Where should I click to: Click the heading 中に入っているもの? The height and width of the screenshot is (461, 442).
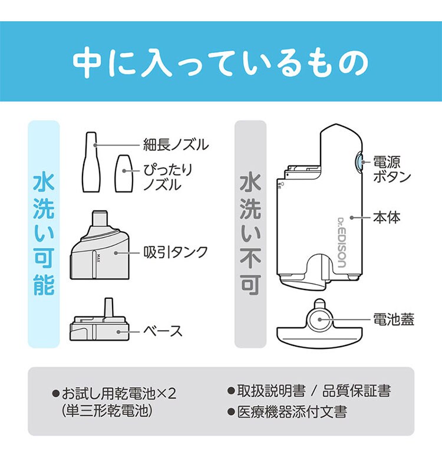[x=220, y=62]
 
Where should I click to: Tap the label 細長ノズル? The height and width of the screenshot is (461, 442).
[x=176, y=144]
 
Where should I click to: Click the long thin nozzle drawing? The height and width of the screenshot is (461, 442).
[x=91, y=162]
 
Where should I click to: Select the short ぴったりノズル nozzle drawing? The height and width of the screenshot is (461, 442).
[x=124, y=173]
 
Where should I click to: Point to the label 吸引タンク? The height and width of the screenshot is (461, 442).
[x=176, y=252]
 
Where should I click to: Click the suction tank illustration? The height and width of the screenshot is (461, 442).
[x=100, y=245]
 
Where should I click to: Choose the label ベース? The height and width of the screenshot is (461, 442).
[x=163, y=331]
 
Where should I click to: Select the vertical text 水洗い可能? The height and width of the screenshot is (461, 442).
[x=44, y=234]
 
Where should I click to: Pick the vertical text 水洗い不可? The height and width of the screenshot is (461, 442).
[x=250, y=234]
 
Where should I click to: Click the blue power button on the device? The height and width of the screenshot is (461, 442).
[x=359, y=162]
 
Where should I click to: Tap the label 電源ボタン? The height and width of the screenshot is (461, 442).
[x=391, y=169]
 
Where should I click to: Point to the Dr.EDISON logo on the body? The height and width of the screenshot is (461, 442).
[x=341, y=242]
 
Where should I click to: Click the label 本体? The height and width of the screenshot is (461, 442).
[x=387, y=218]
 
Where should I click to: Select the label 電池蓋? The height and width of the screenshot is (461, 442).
[x=393, y=319]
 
